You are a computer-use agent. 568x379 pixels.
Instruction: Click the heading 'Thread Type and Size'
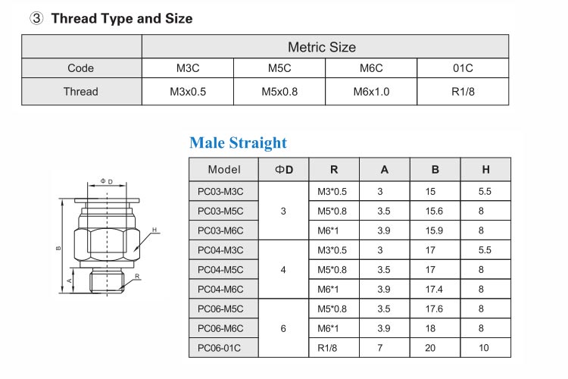[x=121, y=18]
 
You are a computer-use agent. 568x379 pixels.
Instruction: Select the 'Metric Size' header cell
[x=321, y=47]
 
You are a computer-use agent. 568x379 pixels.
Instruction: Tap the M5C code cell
[x=279, y=68]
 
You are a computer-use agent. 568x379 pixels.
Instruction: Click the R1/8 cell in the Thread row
[x=463, y=92]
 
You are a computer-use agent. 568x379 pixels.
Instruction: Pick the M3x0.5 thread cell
[x=188, y=92]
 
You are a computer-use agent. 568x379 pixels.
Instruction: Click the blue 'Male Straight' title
[x=238, y=143]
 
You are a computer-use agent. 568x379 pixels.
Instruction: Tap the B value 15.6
[x=435, y=211]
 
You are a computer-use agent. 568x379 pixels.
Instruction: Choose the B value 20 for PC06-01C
[x=435, y=348]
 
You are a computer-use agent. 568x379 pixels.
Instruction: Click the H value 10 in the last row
[x=485, y=348]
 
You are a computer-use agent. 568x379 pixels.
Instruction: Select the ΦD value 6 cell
[x=283, y=328]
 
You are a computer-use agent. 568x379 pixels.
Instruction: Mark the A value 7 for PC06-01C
[x=384, y=348]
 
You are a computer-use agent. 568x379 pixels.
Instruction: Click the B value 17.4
[x=435, y=290]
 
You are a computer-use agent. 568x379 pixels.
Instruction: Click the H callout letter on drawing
[x=154, y=230]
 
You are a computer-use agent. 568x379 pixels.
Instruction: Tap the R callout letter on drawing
[x=137, y=277]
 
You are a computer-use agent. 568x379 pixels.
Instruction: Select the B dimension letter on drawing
[x=58, y=248]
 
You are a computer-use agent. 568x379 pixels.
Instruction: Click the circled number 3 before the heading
[x=36, y=18]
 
